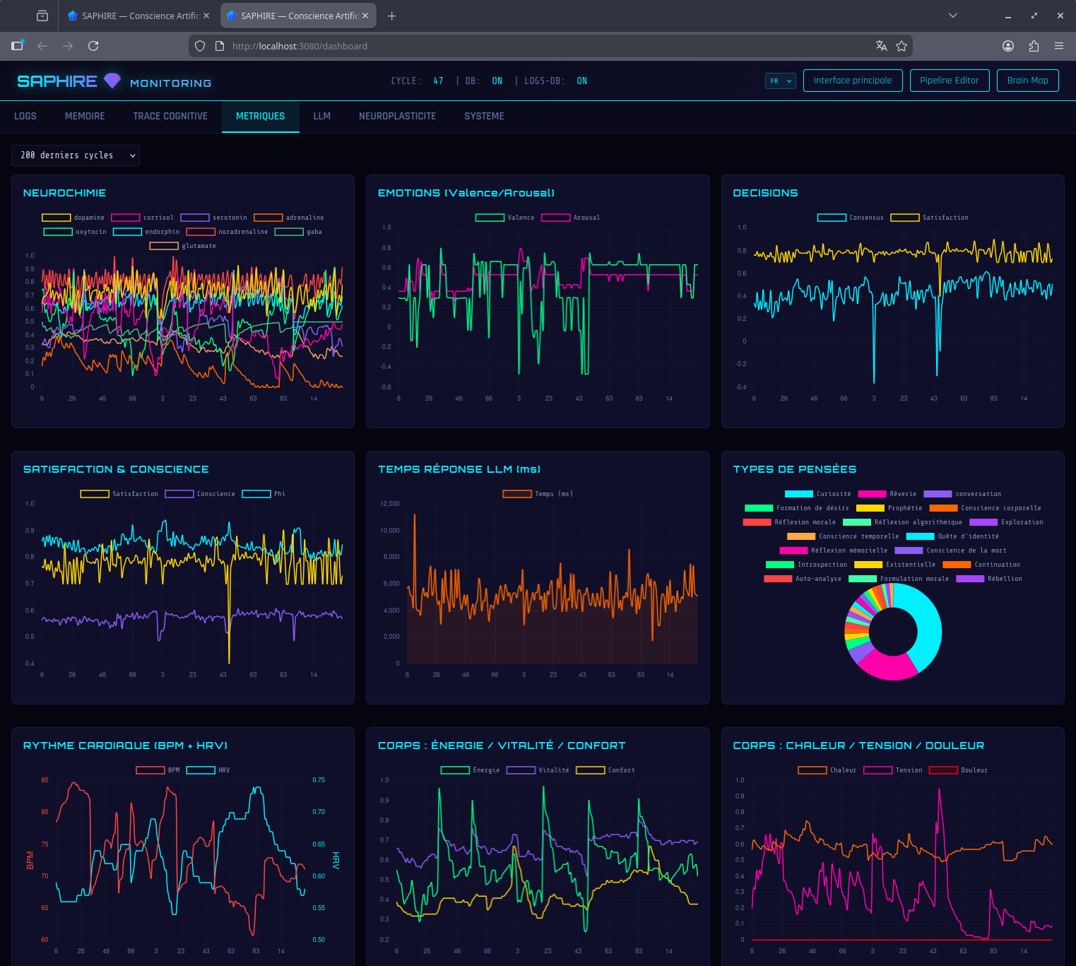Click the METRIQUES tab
coord(260,116)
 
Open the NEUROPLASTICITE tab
coord(397,116)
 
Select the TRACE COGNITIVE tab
coord(170,116)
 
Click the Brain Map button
coord(1027,81)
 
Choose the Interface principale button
coord(852,81)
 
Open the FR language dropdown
coord(781,81)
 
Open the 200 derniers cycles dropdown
coord(76,155)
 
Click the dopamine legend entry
coord(73,218)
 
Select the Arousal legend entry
coord(571,218)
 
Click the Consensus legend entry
coord(851,218)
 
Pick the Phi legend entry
coord(264,494)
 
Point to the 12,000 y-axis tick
coord(389,504)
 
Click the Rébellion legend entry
coord(989,579)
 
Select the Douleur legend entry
coord(959,770)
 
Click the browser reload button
coord(93,46)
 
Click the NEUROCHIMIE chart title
coord(64,193)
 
